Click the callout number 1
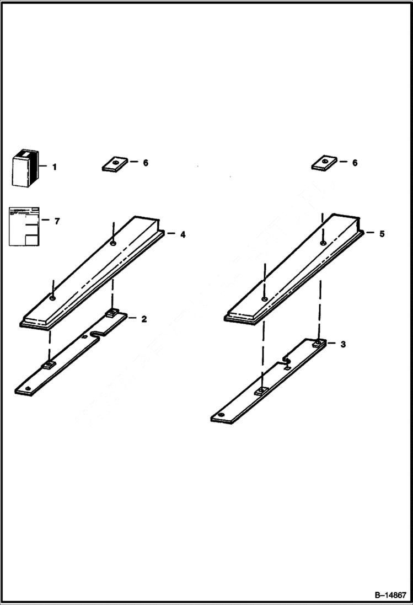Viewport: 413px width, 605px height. (x=54, y=167)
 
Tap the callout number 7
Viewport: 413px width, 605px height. (x=57, y=221)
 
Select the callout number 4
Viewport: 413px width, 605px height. (x=183, y=234)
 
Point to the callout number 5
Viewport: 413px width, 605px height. (x=382, y=234)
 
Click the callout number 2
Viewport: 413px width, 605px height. (x=144, y=319)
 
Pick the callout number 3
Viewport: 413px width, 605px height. (x=343, y=344)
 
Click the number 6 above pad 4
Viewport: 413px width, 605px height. (x=145, y=163)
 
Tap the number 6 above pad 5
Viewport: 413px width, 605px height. (x=355, y=163)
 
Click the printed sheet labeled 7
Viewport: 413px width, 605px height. (x=24, y=226)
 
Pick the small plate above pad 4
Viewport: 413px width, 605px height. (x=115, y=163)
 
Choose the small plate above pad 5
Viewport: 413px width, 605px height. (x=324, y=163)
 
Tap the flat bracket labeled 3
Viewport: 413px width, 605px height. (x=265, y=386)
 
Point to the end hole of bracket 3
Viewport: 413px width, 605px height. (x=221, y=415)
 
